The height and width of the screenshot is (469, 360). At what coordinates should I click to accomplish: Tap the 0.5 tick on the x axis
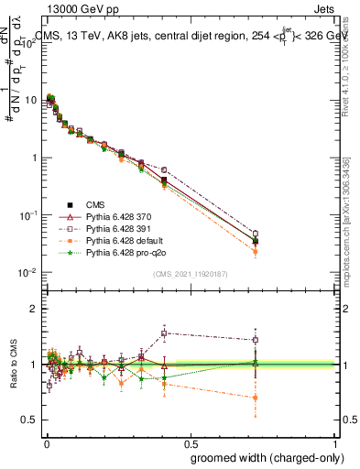click(x=191, y=443)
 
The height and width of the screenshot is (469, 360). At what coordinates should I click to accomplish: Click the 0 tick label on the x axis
click(x=46, y=443)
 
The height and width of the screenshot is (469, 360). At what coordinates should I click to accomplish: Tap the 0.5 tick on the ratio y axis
click(x=29, y=420)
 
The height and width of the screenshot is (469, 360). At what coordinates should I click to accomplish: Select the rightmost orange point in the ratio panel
click(x=256, y=398)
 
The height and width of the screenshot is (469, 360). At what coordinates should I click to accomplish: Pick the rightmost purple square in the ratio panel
click(x=256, y=340)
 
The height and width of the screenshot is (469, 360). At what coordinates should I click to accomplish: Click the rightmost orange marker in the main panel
click(x=256, y=251)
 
